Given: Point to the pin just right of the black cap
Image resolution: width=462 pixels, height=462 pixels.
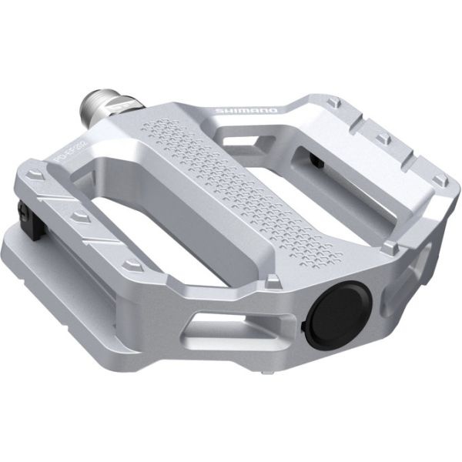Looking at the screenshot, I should (393, 247).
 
